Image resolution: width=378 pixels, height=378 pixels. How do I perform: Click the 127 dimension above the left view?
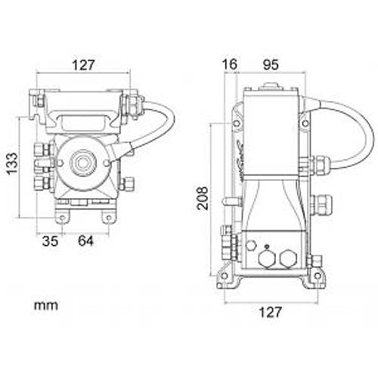point(83,65)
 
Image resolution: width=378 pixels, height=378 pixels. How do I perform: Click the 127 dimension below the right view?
point(270,312)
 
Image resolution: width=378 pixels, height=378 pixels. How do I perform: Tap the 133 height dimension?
point(13,163)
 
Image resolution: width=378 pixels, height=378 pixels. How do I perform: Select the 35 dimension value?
point(50,241)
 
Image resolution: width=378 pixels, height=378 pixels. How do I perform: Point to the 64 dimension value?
point(85,241)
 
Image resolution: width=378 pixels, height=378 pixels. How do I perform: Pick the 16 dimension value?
point(230,64)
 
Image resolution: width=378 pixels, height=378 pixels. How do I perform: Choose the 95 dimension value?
point(271,65)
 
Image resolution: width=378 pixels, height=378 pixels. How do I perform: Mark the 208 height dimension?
point(203,198)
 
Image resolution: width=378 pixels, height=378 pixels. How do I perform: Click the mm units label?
point(46,305)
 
